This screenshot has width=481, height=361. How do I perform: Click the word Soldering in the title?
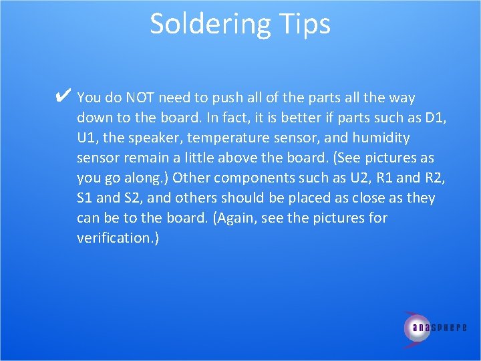[206, 24]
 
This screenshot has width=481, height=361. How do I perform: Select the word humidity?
[382, 138]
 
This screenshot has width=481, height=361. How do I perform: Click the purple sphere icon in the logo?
[417, 327]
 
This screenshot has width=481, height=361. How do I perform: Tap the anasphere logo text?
[439, 328]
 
